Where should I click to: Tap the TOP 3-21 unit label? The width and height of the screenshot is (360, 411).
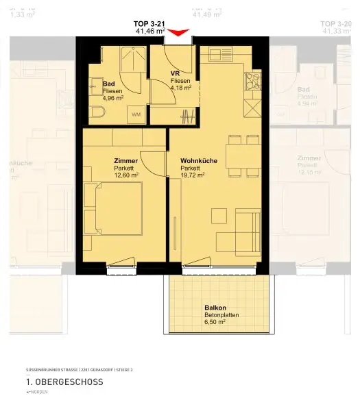[149, 24]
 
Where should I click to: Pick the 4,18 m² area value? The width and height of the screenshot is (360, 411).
[181, 88]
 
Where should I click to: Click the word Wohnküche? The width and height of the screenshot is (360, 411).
[199, 161]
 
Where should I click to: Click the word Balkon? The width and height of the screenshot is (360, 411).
[214, 308]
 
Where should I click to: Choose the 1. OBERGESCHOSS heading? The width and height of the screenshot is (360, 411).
[64, 382]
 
